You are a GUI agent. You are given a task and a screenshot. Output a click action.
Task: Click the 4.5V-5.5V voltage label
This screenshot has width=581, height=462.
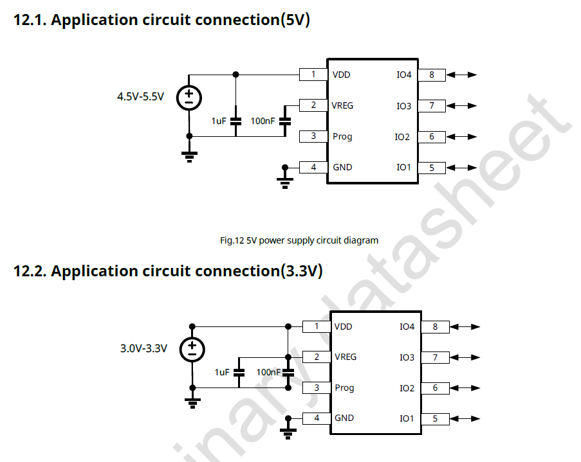tap(140, 97)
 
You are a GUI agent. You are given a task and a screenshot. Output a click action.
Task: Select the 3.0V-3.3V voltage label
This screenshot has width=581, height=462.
tap(143, 349)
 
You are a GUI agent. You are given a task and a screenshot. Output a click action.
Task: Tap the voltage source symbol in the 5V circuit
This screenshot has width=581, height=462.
tap(189, 98)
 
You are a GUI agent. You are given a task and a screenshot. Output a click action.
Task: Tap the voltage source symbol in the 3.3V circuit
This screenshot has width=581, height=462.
tap(192, 349)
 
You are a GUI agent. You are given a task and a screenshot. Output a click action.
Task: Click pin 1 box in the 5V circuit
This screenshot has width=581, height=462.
tap(313, 75)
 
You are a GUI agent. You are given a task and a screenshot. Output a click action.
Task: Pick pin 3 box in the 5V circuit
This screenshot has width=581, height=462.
tap(313, 136)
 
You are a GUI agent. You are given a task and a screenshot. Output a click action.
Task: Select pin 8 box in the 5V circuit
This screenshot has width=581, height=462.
tap(432, 75)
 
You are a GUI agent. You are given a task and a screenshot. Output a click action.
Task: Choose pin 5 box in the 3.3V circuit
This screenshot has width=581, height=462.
tap(435, 419)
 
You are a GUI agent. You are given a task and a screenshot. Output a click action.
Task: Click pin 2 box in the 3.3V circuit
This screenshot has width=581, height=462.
tap(317, 357)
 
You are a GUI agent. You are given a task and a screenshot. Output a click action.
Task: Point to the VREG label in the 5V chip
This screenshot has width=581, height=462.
tap(342, 105)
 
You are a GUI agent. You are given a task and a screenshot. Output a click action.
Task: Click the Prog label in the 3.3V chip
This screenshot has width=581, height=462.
tap(344, 388)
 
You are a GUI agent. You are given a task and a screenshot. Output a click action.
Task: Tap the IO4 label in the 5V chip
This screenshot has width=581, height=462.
tap(403, 75)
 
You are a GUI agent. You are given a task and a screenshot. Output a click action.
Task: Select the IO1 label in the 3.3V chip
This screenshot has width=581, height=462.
tap(407, 419)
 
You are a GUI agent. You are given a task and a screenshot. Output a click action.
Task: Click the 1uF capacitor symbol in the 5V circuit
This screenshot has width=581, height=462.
tap(235, 121)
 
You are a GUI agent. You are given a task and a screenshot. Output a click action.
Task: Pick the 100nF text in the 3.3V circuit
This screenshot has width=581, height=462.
tap(268, 372)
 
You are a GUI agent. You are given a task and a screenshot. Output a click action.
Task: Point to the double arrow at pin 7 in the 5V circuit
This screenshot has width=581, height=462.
tap(462, 105)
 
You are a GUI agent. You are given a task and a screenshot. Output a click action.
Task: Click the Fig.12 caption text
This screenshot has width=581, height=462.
tap(299, 240)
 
